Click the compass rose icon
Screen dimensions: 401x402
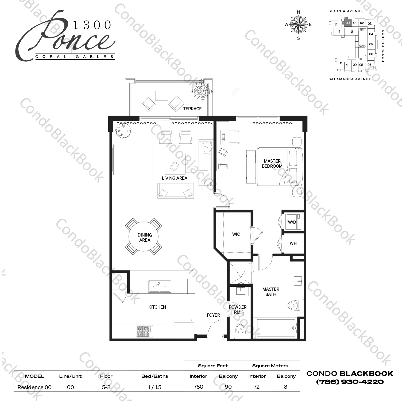(x=299, y=25)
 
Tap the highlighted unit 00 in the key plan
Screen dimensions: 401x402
(x=347, y=23)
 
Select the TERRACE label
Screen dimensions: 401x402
(x=192, y=109)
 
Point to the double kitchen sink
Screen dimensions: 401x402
(x=160, y=286)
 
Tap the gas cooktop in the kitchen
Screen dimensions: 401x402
(x=144, y=331)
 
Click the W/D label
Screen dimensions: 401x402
(x=292, y=222)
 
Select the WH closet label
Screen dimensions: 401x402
(x=293, y=243)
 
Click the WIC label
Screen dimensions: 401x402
(x=236, y=234)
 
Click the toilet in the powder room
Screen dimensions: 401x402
(x=240, y=330)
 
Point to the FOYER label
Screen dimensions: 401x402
(x=213, y=315)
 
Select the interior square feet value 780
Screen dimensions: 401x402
(x=198, y=387)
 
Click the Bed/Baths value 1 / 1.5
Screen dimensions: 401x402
(x=155, y=387)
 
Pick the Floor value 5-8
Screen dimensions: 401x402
(x=106, y=387)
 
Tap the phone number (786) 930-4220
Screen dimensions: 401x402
(x=350, y=382)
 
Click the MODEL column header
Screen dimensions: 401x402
(x=34, y=376)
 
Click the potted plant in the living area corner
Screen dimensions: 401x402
(x=124, y=130)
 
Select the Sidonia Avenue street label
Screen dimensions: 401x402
(x=346, y=11)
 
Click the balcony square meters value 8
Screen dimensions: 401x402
(x=285, y=387)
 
